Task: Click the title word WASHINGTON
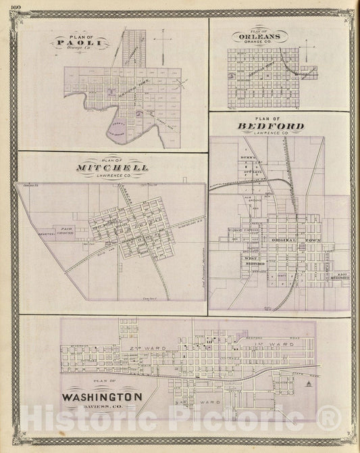(x=103, y=396)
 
